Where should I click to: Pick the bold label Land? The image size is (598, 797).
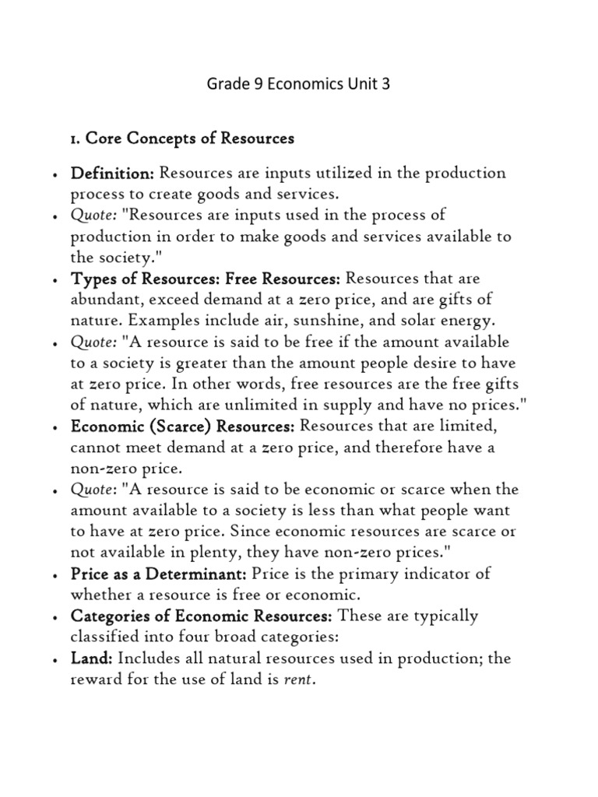[x=92, y=658]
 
